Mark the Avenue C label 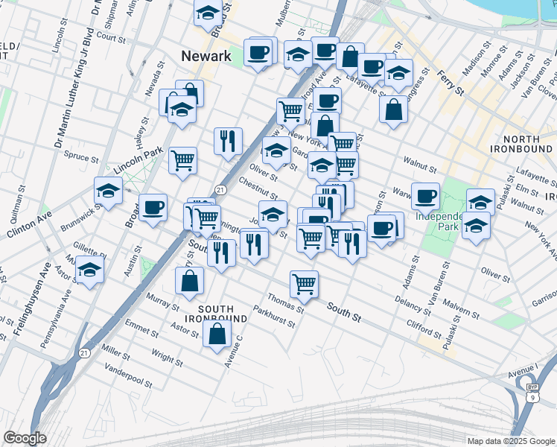tap(234, 350)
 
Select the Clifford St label tap(424, 326)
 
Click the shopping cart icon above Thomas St tap(304, 284)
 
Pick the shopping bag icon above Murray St tap(190, 281)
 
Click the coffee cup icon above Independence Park tap(425, 196)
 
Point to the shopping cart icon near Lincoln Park tap(182, 160)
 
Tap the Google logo tap(25, 438)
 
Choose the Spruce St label tap(82, 158)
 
